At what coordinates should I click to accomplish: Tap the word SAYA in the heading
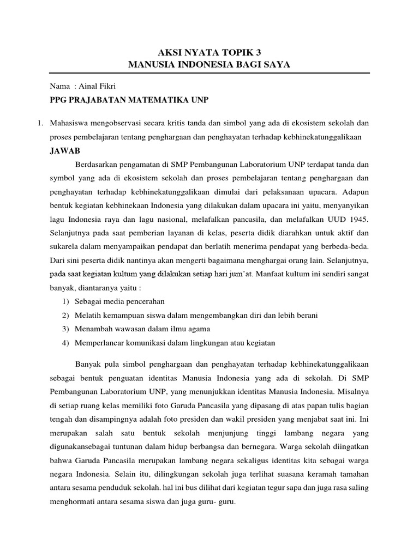tap(276, 65)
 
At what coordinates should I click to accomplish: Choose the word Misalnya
tap(354, 391)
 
